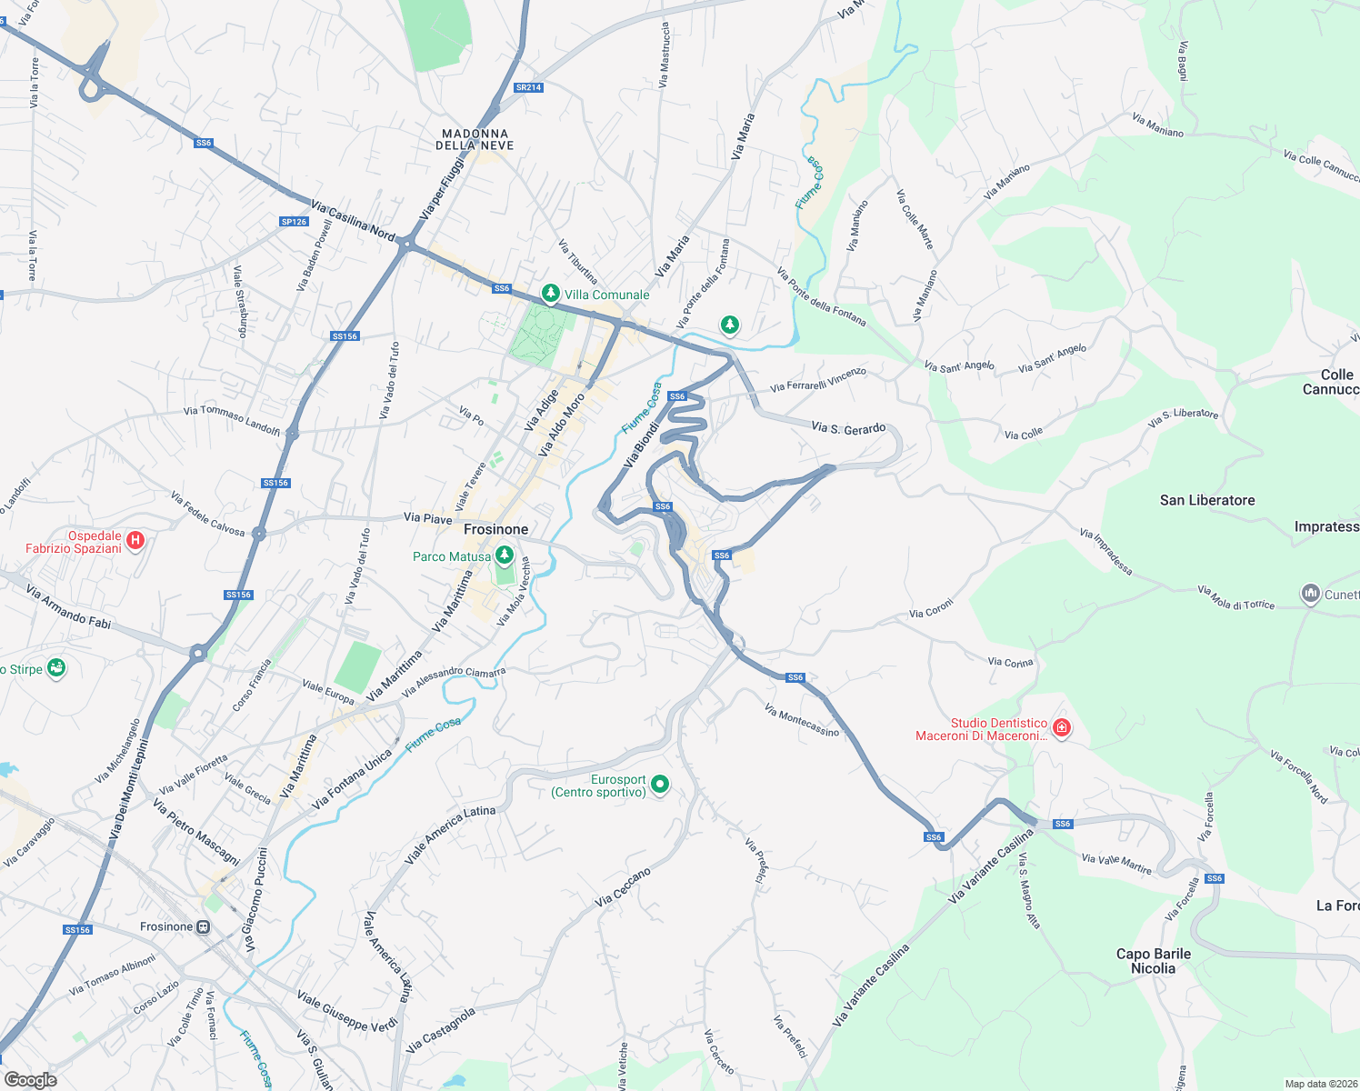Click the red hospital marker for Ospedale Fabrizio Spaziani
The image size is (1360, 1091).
(135, 542)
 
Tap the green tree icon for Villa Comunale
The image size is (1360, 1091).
(550, 294)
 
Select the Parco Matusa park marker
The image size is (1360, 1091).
(505, 556)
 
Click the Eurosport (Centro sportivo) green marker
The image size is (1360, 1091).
(661, 785)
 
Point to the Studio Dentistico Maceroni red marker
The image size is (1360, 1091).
(1061, 728)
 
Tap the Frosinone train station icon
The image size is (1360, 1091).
(203, 927)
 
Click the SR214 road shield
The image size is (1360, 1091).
(528, 88)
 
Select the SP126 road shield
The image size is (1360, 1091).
(294, 222)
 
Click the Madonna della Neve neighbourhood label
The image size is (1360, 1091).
(475, 139)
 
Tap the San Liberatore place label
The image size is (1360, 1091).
(1207, 500)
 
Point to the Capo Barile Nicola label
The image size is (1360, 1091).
(1154, 961)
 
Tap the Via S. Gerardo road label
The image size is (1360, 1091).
(848, 428)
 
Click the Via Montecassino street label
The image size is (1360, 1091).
(802, 720)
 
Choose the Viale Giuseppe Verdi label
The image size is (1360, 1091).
(347, 1012)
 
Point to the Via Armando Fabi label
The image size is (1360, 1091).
(68, 607)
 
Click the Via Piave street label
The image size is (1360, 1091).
(427, 518)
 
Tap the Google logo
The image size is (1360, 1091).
(30, 1080)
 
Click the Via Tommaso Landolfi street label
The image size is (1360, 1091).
(232, 419)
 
